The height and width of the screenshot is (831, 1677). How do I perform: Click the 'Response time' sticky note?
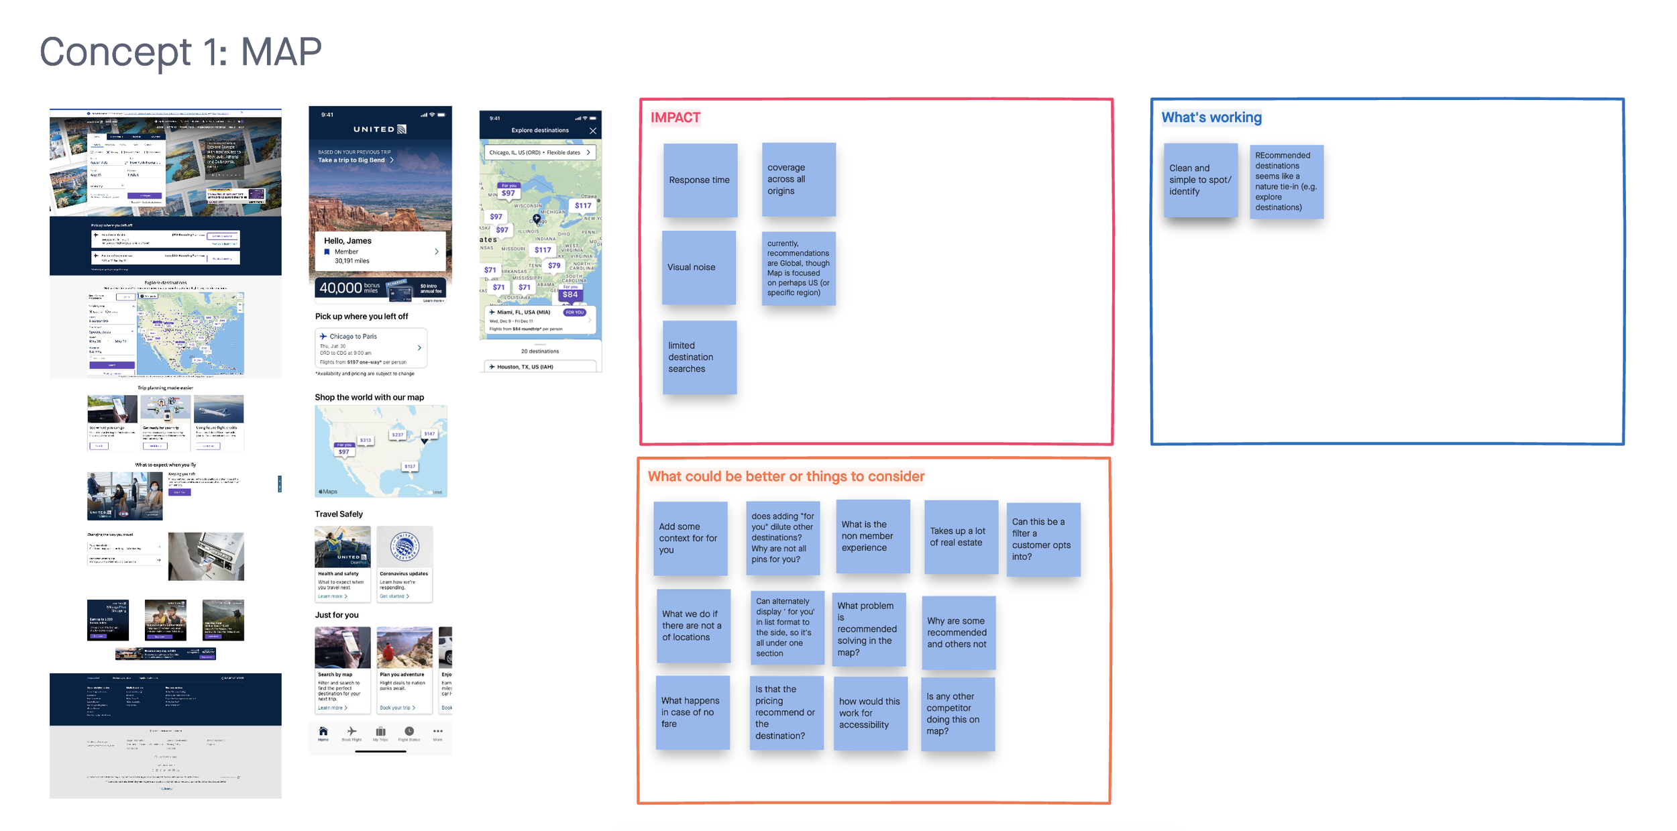tap(700, 180)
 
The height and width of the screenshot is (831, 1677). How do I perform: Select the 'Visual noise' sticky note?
tap(698, 267)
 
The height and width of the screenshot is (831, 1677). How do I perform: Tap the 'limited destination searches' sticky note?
tap(699, 357)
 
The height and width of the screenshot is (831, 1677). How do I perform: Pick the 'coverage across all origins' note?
tap(798, 179)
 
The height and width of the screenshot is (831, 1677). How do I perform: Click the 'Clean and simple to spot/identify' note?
tap(1200, 180)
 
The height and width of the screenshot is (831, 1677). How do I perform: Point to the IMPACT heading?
tap(675, 118)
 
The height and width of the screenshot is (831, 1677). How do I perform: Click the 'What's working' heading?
tap(1211, 118)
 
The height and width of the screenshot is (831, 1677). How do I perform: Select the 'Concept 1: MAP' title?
tap(180, 52)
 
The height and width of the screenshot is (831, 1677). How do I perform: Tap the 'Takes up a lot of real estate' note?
tap(961, 537)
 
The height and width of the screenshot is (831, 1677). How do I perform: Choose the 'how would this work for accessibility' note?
tap(870, 713)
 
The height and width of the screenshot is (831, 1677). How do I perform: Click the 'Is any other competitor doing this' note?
tap(957, 714)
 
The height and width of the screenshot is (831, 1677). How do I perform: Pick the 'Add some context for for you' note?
tap(690, 538)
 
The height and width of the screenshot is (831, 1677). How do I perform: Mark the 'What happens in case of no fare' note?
tap(692, 712)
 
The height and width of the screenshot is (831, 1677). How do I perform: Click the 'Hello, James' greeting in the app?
tap(347, 241)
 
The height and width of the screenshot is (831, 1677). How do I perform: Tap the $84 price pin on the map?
tap(570, 294)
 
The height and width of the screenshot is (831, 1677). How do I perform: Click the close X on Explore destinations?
tap(593, 131)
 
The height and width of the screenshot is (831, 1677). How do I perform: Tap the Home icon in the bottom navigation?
tap(323, 733)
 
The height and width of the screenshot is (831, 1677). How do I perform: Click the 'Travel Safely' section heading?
tap(339, 514)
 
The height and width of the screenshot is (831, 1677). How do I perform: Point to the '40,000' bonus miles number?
tap(340, 288)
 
